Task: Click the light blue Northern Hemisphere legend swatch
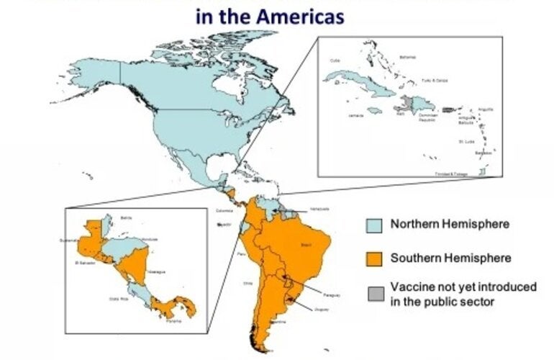(375, 225)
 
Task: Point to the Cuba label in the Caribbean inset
(335, 61)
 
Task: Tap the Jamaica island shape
(373, 110)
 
